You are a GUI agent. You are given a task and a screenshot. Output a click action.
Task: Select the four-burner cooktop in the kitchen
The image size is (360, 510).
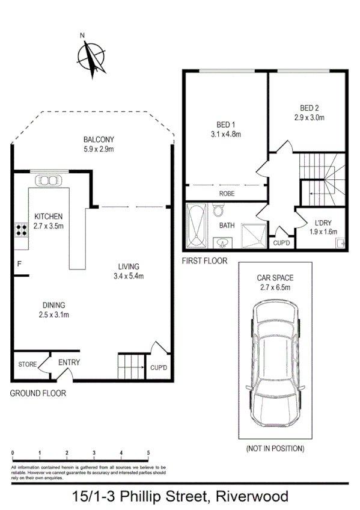[21, 229]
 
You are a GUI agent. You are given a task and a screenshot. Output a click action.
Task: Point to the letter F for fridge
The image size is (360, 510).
[19, 264]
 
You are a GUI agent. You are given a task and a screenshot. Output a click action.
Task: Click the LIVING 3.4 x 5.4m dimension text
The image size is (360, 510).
[129, 276]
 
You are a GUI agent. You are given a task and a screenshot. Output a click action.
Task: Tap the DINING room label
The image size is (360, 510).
[53, 305]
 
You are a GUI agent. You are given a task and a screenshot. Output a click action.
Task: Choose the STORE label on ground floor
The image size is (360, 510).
[28, 364]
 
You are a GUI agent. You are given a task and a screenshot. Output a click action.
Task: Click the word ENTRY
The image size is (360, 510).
[69, 363]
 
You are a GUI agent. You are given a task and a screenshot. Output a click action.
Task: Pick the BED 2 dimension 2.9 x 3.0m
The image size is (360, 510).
[309, 118]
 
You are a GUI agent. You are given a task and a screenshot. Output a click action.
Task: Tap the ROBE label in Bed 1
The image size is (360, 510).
[227, 193]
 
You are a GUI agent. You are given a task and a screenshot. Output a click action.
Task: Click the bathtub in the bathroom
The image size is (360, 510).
[197, 227]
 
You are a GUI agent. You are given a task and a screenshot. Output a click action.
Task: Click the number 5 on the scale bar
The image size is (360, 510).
[148, 453]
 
